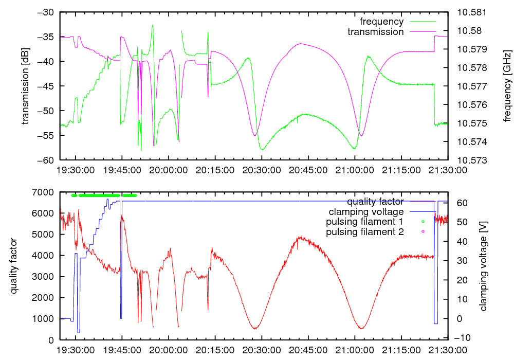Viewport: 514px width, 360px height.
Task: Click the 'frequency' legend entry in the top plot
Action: click(381, 22)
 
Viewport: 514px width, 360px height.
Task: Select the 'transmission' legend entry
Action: click(376, 32)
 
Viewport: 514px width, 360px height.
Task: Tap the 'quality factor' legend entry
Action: click(375, 201)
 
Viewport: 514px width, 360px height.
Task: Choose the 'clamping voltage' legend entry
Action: click(366, 211)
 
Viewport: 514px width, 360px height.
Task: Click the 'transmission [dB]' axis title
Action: click(25, 86)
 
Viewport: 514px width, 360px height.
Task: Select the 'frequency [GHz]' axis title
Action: click(507, 86)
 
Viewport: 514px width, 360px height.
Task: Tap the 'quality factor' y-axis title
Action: click(14, 266)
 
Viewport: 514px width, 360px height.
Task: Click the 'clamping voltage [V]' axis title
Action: click(483, 266)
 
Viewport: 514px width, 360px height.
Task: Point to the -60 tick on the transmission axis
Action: click(45, 160)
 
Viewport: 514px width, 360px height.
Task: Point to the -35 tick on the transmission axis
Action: click(45, 37)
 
